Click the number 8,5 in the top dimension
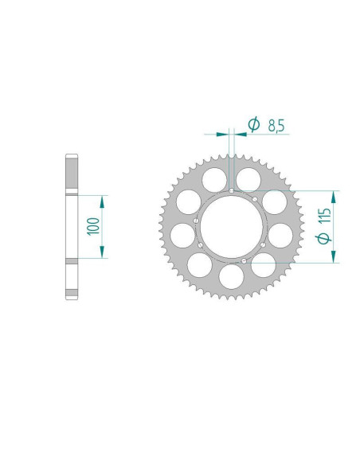276,126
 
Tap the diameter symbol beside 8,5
254,124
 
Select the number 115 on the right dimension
324,215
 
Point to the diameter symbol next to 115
323,237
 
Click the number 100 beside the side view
93,226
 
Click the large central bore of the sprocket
232,227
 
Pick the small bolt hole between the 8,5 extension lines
232,190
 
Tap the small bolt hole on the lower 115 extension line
244,261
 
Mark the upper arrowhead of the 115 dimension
334,197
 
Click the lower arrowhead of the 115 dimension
334,256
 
